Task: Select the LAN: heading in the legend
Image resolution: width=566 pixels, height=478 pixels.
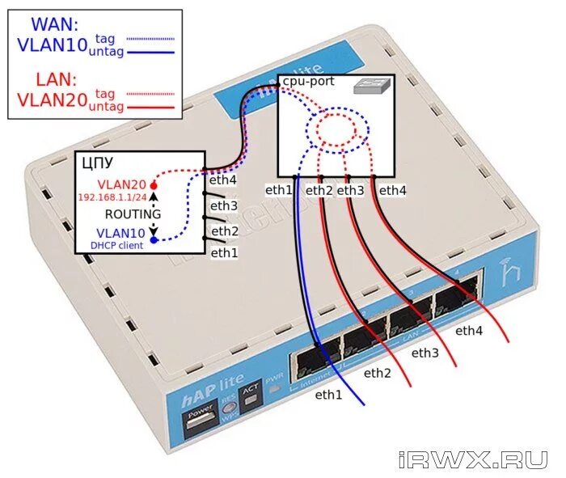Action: point(56,79)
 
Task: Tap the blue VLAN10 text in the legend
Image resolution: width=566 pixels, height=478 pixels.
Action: point(52,45)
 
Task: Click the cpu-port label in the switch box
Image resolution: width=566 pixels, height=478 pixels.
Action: point(307,82)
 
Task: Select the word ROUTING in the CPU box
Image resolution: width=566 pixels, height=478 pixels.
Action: point(133,214)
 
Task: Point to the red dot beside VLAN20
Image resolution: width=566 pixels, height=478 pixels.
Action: point(154,185)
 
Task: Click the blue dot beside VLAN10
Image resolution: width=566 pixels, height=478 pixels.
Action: point(154,239)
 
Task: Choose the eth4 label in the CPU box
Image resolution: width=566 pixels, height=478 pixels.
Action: point(223,181)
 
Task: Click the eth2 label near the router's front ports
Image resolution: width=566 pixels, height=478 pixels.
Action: point(377,373)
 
